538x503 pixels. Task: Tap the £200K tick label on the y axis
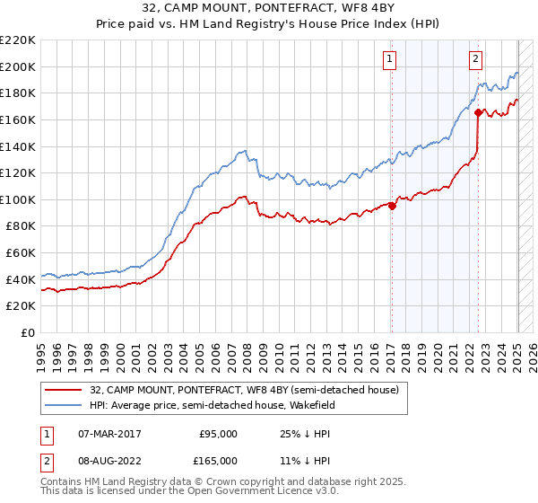[18, 66]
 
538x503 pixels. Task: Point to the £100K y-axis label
[18, 199]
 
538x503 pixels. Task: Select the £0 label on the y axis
[29, 332]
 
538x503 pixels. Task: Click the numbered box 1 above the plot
[391, 60]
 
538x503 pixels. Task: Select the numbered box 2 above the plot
[475, 60]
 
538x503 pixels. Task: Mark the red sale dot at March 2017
[392, 205]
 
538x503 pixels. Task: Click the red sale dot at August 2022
[478, 112]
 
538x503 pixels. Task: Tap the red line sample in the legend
[64, 390]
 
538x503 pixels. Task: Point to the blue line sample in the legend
[64, 405]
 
